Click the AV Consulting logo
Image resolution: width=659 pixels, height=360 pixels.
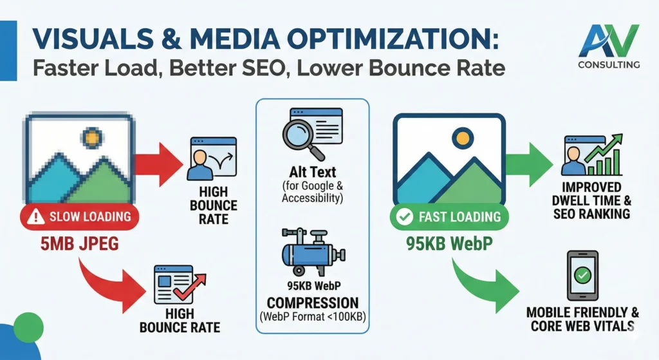pos(609,46)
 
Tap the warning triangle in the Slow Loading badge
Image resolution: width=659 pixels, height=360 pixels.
pos(36,216)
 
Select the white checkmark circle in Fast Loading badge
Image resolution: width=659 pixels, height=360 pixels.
pos(405,216)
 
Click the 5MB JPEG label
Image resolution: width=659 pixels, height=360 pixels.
pos(79,243)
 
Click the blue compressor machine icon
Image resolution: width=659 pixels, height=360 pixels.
pos(313,252)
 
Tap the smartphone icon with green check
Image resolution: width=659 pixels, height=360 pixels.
pos(582,276)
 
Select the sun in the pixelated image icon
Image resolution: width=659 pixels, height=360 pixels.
pos(92,138)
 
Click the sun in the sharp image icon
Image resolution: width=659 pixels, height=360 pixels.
pos(462,138)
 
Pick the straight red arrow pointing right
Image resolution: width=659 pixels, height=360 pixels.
pos(159,164)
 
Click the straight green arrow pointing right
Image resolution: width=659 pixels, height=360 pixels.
pos(529,164)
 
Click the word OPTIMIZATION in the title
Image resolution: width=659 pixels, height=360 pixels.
pos(393,39)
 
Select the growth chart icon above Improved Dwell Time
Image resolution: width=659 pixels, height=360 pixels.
pos(592,155)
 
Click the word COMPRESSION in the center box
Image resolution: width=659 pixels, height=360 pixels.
pos(313,303)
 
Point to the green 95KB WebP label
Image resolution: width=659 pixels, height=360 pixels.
pos(449,243)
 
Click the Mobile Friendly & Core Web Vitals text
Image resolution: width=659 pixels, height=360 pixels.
pos(582,319)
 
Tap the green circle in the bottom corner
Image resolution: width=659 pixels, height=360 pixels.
pos(28,328)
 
